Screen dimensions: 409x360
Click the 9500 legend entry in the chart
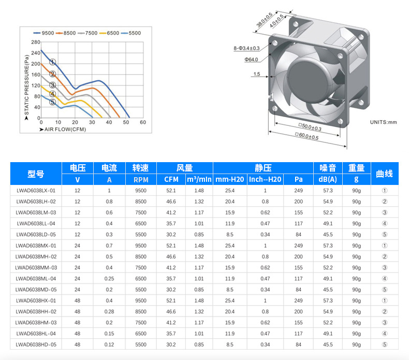(x=43, y=33)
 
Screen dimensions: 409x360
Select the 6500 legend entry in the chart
(x=109, y=33)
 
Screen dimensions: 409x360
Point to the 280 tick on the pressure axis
(x=36, y=42)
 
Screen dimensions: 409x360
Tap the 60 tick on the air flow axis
(x=143, y=122)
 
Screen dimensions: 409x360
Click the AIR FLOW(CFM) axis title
(x=63, y=129)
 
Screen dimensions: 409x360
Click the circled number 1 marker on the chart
(x=52, y=62)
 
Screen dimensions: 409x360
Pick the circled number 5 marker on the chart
(x=52, y=102)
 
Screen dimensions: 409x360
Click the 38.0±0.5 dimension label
(x=264, y=20)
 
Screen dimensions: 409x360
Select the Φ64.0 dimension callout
(x=251, y=60)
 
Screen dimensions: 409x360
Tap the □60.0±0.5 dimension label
(x=306, y=136)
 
